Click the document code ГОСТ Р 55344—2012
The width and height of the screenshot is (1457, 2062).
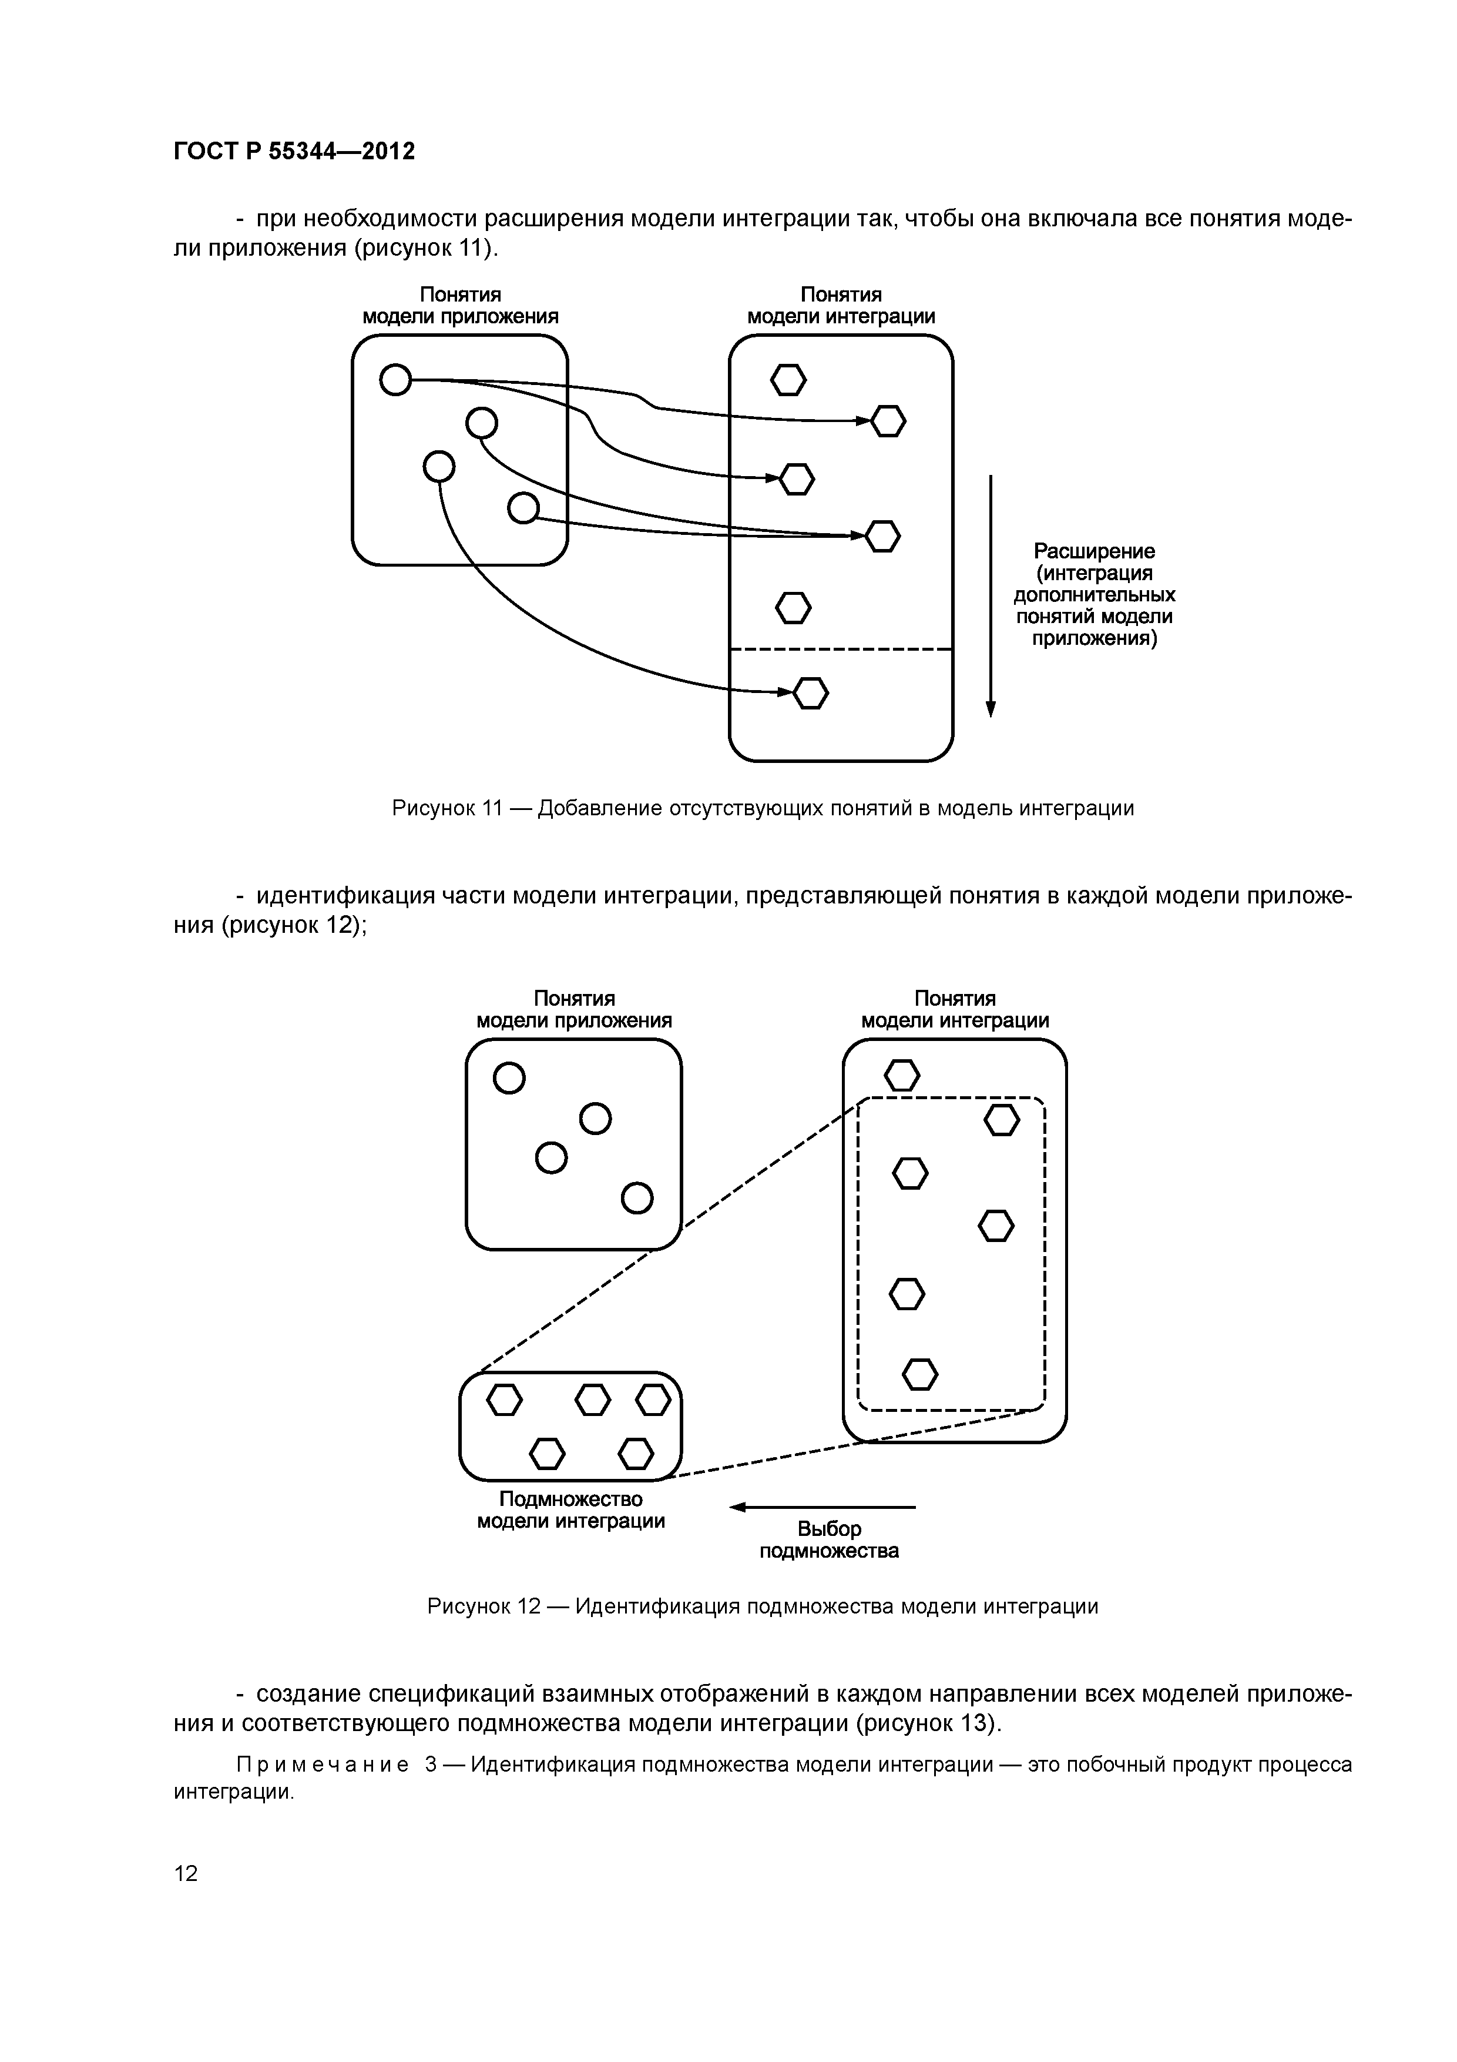click(x=294, y=152)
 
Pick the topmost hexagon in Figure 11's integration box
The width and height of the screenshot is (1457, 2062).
click(x=788, y=380)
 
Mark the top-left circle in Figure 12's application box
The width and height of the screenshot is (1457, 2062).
click(x=509, y=1077)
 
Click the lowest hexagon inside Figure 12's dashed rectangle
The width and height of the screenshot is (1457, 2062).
click(x=919, y=1374)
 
